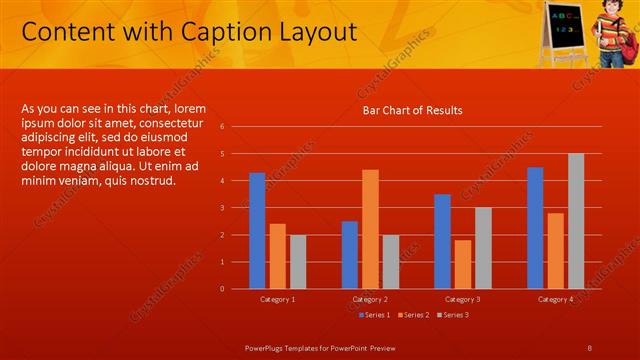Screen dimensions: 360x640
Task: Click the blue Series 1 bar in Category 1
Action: tap(257, 231)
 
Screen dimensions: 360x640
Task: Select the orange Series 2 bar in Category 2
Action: tap(370, 229)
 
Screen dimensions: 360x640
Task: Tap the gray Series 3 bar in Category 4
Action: tap(575, 221)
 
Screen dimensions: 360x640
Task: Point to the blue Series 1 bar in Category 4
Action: tap(535, 228)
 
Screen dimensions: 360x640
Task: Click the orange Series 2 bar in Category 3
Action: tap(463, 264)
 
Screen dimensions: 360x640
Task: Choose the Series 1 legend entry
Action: tap(373, 315)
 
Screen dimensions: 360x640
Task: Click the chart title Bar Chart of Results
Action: tap(412, 110)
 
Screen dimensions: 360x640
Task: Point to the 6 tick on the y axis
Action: tap(235, 127)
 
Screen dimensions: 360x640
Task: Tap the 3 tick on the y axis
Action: tap(235, 208)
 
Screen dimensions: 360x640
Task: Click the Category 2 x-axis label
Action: tap(370, 299)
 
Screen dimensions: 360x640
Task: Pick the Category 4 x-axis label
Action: tap(555, 299)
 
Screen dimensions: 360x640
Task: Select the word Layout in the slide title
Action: tap(305, 33)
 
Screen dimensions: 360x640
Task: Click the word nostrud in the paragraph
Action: tap(150, 181)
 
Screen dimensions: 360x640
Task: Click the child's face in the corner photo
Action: tap(606, 13)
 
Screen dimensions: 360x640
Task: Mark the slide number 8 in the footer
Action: tap(591, 346)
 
